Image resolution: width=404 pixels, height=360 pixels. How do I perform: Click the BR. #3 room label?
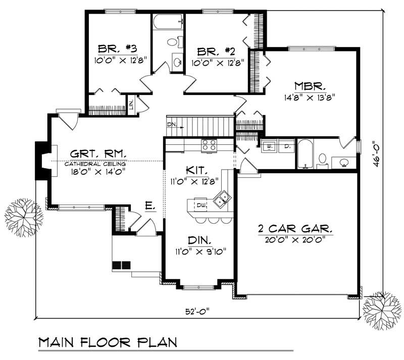pos(117,49)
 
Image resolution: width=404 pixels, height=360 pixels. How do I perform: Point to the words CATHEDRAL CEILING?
pos(95,164)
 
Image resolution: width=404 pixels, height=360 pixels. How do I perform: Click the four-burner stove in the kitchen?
pos(209,146)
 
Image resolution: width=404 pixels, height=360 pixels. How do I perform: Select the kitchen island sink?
pos(221,199)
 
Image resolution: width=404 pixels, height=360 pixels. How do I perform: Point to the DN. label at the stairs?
pos(172,124)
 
